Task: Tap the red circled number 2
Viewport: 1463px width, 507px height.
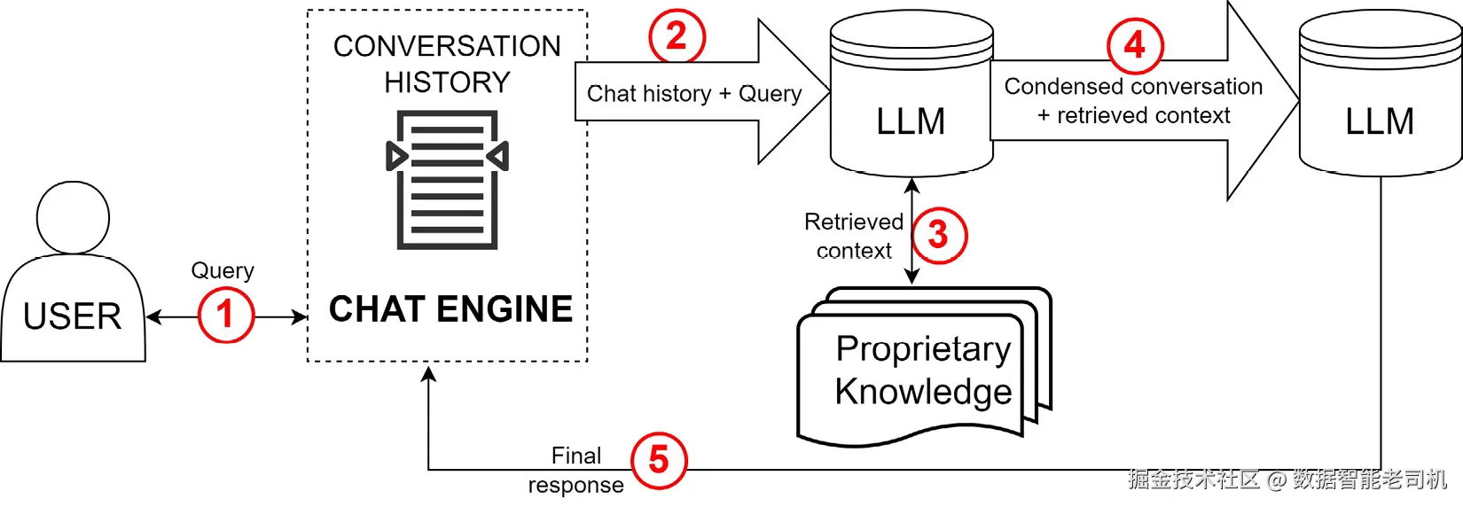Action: (677, 35)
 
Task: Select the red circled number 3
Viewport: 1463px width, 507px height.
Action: (939, 235)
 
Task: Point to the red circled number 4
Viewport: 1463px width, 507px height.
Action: (1135, 45)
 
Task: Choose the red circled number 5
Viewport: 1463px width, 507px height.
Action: (659, 461)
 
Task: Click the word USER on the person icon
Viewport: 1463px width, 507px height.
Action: (73, 317)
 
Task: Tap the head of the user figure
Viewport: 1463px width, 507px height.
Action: (73, 218)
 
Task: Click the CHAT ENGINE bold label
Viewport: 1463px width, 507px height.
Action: (450, 309)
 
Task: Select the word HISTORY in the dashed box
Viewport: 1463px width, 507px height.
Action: (448, 82)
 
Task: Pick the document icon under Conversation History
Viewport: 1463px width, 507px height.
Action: (448, 179)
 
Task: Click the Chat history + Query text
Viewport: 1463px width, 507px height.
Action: (694, 94)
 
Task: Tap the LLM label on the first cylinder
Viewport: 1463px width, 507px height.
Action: (911, 121)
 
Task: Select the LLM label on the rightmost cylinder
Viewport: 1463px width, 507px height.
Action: (1380, 121)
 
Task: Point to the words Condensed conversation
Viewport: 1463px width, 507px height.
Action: (1133, 86)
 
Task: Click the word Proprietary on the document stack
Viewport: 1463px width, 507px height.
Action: (924, 350)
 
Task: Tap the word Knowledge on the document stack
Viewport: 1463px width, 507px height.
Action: (924, 392)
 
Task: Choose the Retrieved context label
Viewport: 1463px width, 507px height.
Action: (854, 236)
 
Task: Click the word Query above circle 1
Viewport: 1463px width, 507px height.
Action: (223, 271)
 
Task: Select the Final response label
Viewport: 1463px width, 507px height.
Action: (575, 471)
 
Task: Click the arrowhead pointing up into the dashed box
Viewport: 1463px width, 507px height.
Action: (428, 374)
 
